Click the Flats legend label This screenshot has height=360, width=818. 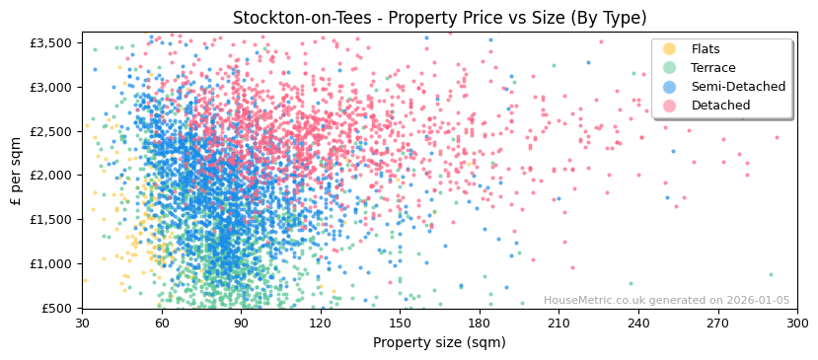(706, 49)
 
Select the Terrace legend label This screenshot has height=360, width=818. (712, 68)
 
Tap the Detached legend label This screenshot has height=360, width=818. (719, 106)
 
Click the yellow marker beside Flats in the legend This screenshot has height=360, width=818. (670, 49)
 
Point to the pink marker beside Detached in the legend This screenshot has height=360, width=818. (670, 106)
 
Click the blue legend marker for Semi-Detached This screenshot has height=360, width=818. (670, 87)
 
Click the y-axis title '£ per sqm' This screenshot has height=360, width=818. (16, 171)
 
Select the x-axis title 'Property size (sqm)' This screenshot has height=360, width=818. (439, 343)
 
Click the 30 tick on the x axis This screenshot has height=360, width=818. (82, 323)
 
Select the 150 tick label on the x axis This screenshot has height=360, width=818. (400, 323)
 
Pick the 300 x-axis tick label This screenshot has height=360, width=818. (797, 323)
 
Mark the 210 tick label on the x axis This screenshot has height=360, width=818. (558, 323)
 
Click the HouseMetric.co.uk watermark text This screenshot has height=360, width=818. (666, 301)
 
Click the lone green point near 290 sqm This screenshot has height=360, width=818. (771, 274)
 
